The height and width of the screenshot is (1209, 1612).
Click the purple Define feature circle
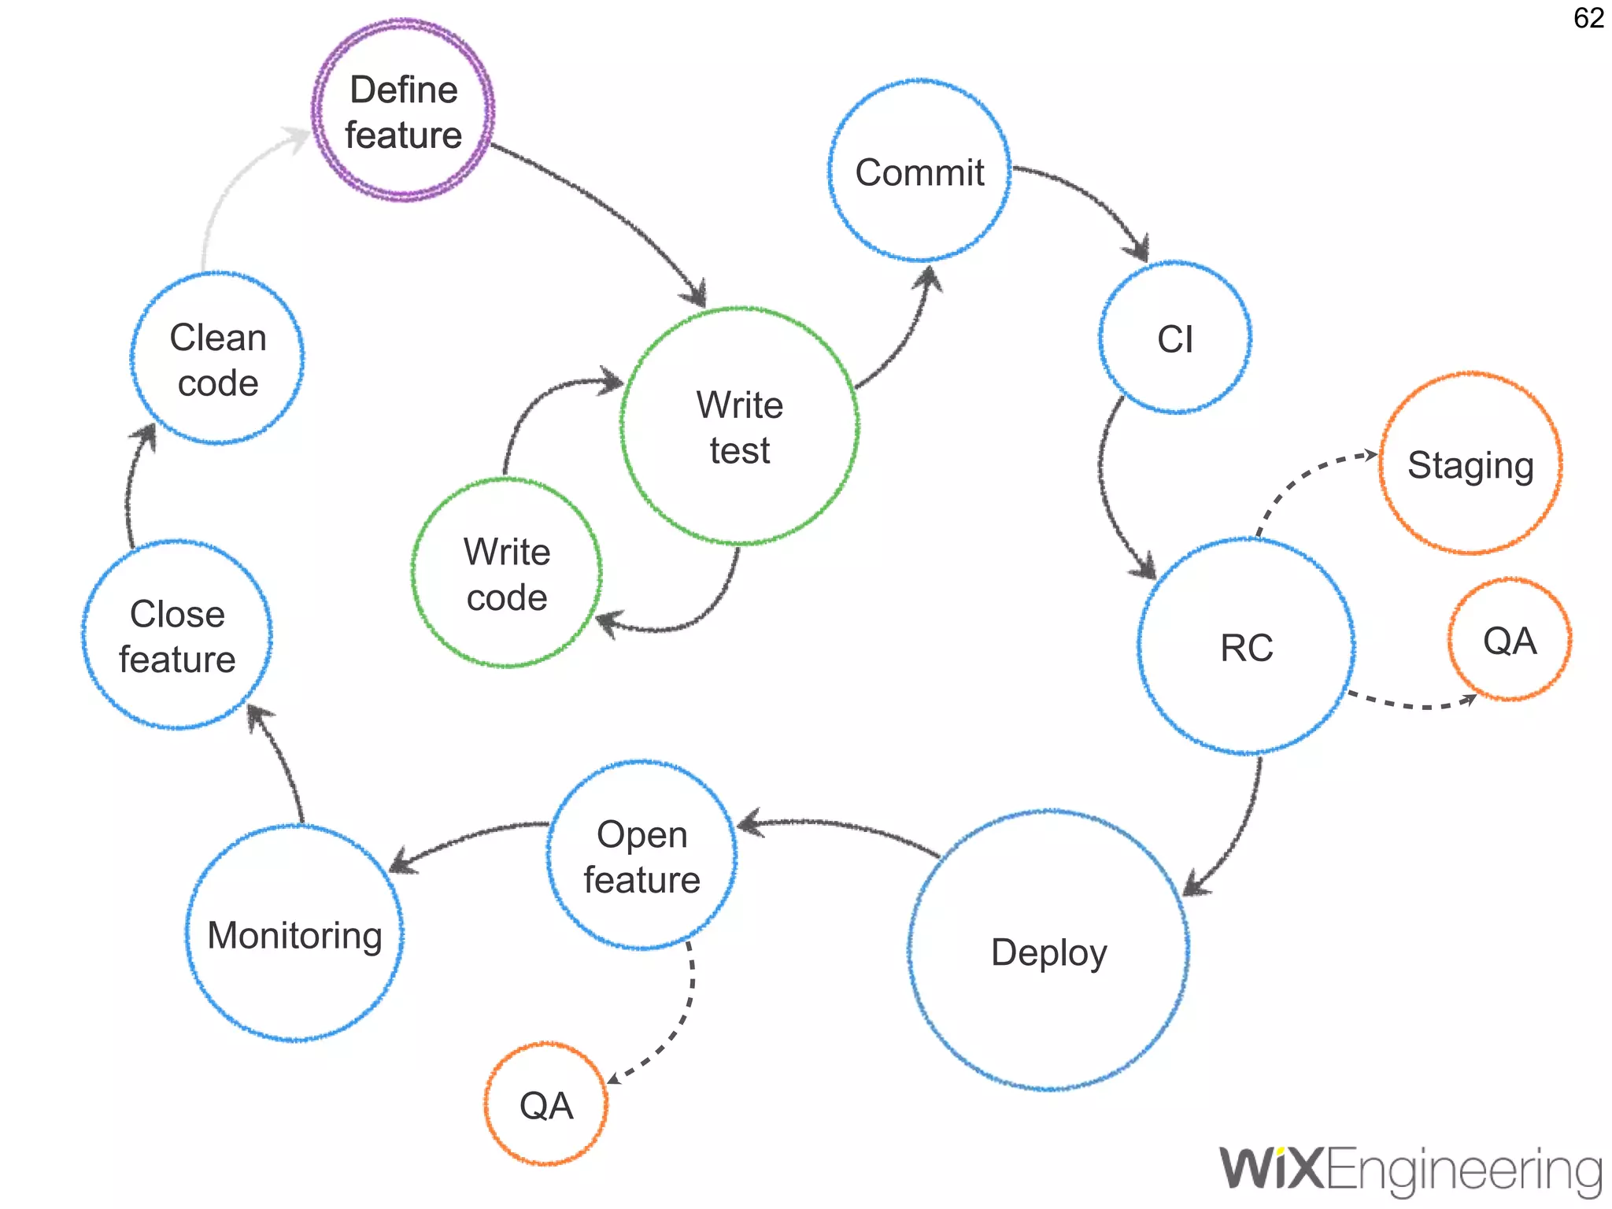point(403,111)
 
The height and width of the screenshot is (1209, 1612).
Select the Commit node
point(919,171)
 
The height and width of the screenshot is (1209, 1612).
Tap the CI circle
point(1175,338)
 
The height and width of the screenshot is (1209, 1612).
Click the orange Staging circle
point(1470,464)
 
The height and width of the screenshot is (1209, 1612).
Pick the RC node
point(1246,647)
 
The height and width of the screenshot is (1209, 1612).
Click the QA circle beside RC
point(1509,640)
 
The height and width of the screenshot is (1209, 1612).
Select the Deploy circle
point(1048,951)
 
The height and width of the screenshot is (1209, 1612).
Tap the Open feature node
point(641,856)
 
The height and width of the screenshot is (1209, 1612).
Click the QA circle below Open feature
point(545,1104)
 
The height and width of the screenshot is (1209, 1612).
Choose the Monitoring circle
point(294,934)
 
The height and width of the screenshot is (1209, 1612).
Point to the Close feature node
point(177,635)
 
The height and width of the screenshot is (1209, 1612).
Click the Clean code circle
point(218,359)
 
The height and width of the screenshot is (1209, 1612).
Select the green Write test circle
point(739,427)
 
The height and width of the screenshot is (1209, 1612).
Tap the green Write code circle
point(507,573)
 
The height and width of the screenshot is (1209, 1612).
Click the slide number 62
point(1588,18)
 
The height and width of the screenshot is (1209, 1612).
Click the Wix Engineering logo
point(1410,1170)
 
